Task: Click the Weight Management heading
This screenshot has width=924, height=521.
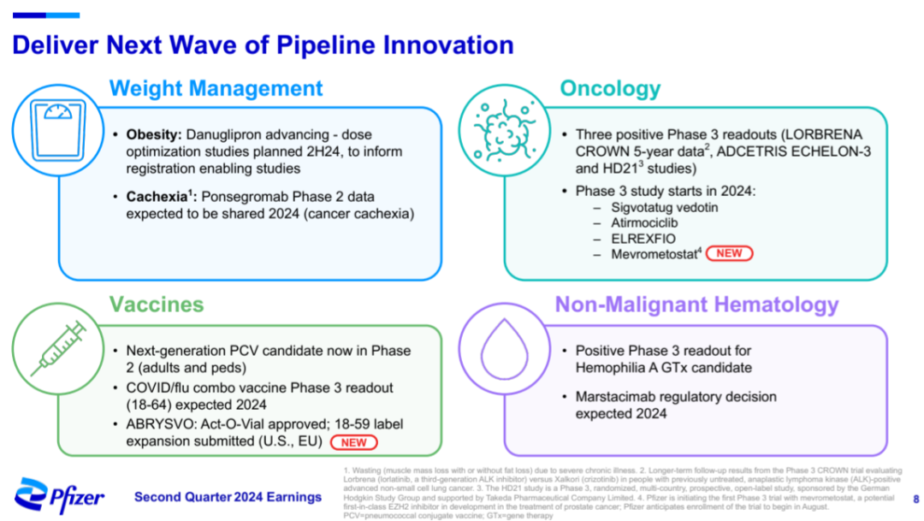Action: click(216, 88)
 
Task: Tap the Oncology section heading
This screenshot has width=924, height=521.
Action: click(610, 88)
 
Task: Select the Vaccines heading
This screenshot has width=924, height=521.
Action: click(157, 304)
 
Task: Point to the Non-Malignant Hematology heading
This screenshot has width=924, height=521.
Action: click(696, 304)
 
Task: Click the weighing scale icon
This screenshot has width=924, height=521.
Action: click(58, 130)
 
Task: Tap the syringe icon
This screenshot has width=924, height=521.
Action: click(59, 348)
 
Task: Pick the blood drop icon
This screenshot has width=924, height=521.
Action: click(505, 349)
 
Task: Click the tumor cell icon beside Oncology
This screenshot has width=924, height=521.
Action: click(505, 130)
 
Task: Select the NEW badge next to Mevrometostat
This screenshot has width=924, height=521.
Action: click(729, 253)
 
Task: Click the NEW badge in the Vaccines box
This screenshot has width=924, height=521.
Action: click(353, 442)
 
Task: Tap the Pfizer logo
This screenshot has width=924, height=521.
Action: click(59, 496)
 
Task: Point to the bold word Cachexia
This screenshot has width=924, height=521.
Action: click(157, 196)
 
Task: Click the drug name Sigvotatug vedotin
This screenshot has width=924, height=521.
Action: click(664, 207)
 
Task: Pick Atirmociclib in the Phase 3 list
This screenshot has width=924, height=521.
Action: click(644, 222)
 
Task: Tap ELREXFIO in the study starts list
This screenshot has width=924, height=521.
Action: click(643, 239)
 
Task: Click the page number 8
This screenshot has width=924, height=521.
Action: click(915, 500)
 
